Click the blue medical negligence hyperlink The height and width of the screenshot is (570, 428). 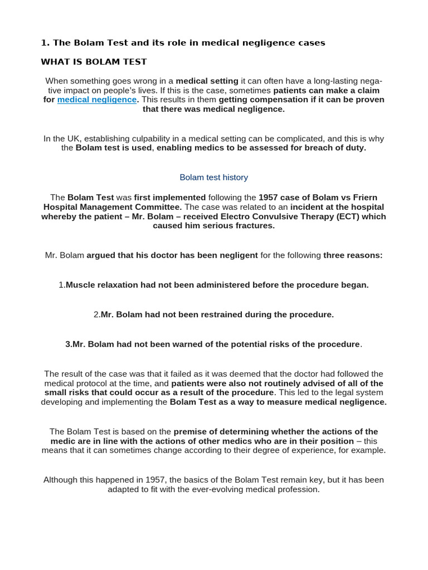point(96,100)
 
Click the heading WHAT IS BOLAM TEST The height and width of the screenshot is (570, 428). point(94,61)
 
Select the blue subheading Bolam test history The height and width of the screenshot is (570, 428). point(213,178)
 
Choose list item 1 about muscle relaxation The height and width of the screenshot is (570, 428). point(213,285)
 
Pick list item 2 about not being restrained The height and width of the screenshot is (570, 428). point(213,315)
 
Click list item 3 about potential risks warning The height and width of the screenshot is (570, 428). point(213,344)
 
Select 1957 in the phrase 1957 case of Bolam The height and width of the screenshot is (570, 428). point(269,198)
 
